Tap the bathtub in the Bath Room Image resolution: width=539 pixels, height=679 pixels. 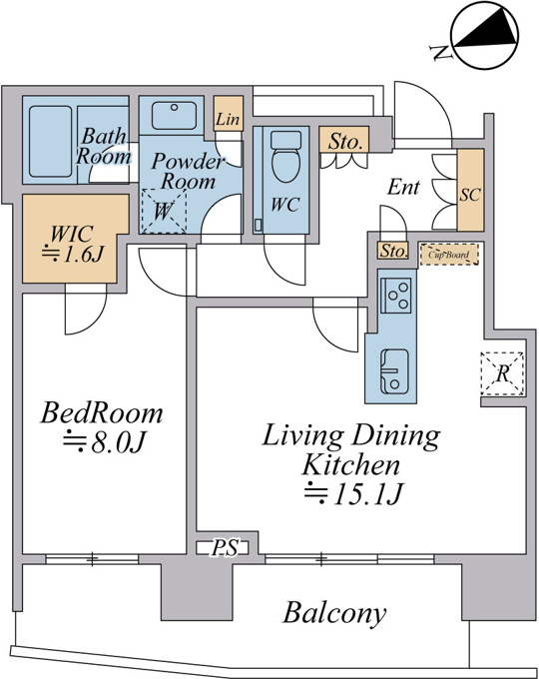(50, 142)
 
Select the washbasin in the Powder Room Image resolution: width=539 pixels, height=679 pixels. (174, 116)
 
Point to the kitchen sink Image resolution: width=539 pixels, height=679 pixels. (394, 371)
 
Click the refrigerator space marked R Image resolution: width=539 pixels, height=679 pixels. (502, 373)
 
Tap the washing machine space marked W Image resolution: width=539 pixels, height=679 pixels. (164, 212)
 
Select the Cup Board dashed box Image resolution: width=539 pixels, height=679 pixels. (449, 255)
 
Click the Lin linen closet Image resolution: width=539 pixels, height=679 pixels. (229, 114)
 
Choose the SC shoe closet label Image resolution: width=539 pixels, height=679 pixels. (470, 195)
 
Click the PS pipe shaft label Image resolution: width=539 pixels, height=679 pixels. (226, 548)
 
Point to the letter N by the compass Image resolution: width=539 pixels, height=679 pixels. (441, 52)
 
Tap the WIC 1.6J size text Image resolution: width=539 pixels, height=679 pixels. (73, 255)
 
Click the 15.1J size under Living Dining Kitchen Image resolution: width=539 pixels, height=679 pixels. (353, 493)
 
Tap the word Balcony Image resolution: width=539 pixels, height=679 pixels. (334, 614)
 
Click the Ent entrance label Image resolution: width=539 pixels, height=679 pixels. (403, 187)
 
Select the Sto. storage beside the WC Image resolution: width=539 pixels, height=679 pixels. (344, 140)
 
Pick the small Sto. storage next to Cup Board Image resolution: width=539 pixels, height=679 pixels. (393, 251)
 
